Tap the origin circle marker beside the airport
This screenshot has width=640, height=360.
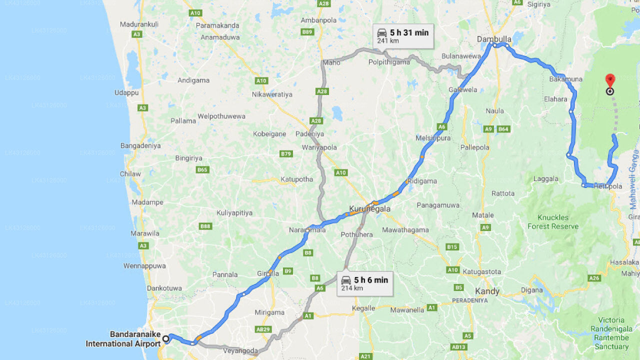click(x=165, y=339)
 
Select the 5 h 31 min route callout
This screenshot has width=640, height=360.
click(x=403, y=36)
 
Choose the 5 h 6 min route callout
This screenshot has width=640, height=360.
click(x=364, y=283)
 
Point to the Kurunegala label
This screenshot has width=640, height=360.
click(x=369, y=208)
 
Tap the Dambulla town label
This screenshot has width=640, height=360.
click(x=494, y=38)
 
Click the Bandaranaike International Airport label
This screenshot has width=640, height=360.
click(x=123, y=339)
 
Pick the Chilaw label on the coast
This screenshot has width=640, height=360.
click(x=130, y=174)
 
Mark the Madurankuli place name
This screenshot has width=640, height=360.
click(x=139, y=24)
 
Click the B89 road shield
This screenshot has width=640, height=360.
click(x=307, y=32)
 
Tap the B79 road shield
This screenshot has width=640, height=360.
click(x=286, y=153)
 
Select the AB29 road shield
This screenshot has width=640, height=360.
click(x=263, y=329)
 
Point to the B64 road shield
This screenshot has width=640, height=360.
click(x=503, y=129)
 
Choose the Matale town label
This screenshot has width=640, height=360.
click(x=483, y=215)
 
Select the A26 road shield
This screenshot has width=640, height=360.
click(x=594, y=278)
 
